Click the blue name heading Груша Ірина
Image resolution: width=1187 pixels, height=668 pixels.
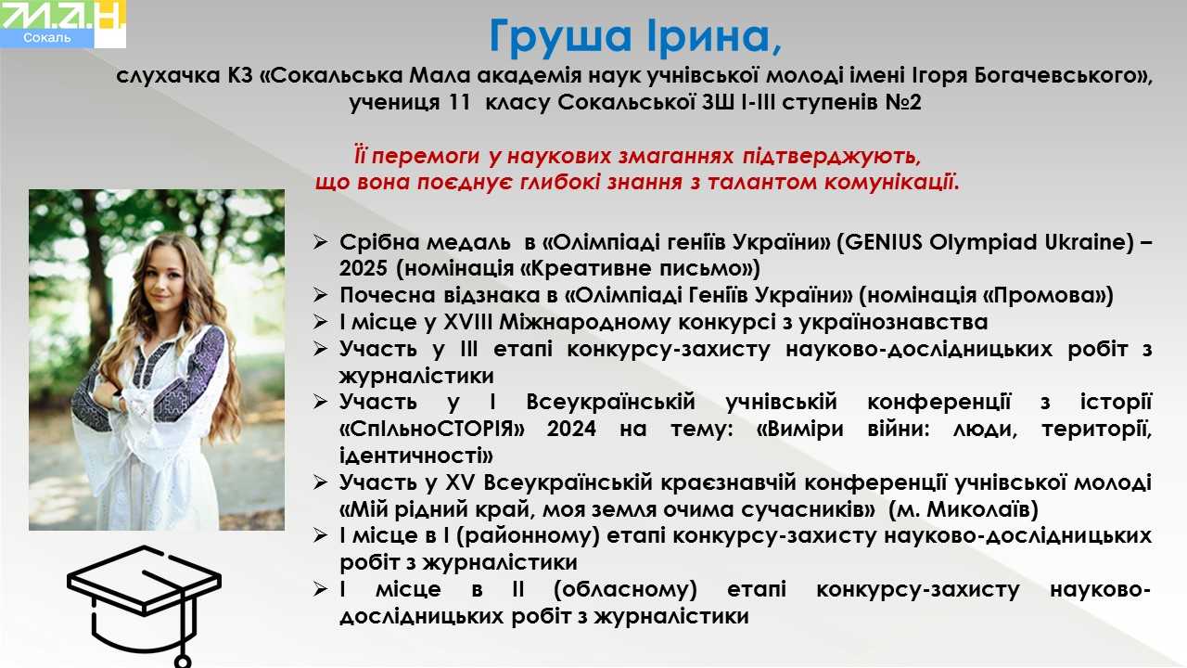click(x=634, y=37)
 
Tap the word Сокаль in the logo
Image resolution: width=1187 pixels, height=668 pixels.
click(x=47, y=38)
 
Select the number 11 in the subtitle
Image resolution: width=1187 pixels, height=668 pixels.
click(x=459, y=102)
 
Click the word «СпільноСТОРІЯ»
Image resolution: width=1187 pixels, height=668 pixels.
click(x=432, y=429)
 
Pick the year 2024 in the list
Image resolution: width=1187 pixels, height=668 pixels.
click(x=571, y=429)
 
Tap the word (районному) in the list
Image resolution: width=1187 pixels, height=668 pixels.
click(x=528, y=536)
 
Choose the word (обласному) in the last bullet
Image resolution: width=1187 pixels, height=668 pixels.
click(x=625, y=589)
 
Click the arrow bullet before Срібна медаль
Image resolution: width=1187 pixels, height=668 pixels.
click(x=320, y=242)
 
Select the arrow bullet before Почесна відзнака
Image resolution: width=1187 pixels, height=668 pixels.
click(x=320, y=295)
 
